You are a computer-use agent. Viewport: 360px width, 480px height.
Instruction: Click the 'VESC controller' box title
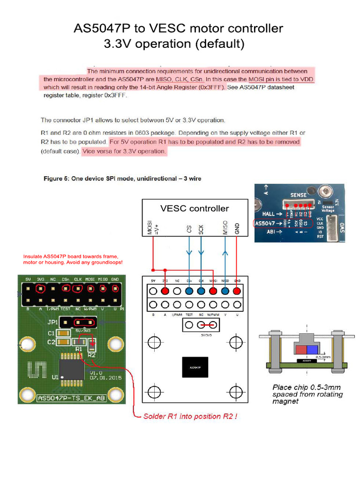tap(195, 208)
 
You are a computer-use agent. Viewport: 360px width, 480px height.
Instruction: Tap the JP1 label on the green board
tap(52, 322)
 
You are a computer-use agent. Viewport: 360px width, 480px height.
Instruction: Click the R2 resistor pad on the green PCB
tap(92, 347)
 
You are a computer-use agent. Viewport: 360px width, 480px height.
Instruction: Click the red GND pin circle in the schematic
tap(237, 291)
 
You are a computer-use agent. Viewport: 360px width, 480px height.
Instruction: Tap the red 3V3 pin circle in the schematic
tap(165, 291)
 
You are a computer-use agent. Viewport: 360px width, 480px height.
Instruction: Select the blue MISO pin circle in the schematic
tap(225, 291)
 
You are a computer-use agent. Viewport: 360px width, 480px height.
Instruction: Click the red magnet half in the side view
tap(300, 349)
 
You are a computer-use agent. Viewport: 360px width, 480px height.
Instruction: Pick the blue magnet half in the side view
tap(312, 349)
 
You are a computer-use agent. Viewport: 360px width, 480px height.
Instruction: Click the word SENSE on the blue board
tap(299, 195)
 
